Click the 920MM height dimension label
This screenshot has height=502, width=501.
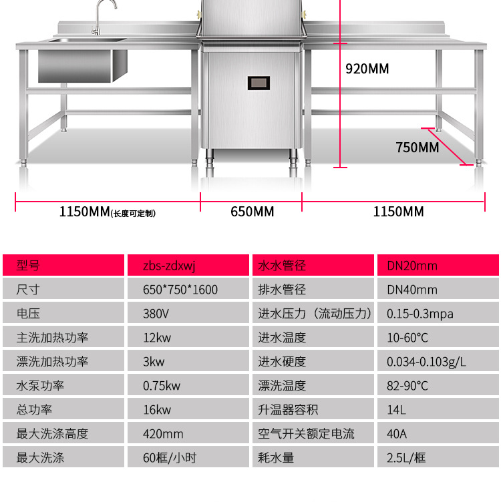click(367, 68)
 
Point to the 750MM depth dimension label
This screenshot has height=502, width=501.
click(417, 147)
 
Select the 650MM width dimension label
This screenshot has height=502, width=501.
click(252, 212)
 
